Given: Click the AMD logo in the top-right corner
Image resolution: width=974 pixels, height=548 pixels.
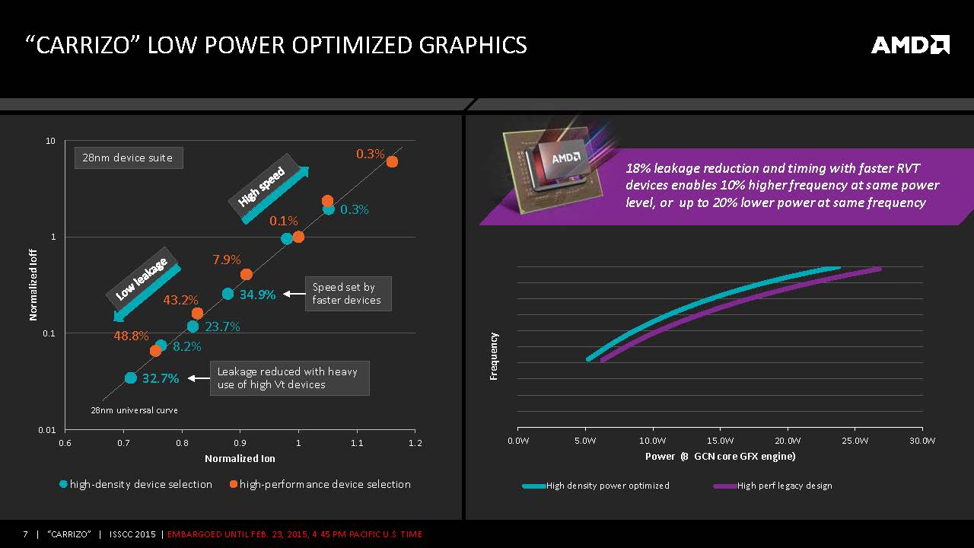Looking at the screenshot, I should (910, 45).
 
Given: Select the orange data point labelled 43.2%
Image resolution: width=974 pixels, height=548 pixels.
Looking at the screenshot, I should (197, 313).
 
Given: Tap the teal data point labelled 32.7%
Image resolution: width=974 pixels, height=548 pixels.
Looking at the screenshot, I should (130, 378).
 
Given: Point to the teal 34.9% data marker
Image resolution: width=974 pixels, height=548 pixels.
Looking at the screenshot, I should (228, 294).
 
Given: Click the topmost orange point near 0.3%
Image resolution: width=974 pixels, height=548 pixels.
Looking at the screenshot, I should (392, 161).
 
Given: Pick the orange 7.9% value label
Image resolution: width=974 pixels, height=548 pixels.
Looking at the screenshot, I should (227, 260).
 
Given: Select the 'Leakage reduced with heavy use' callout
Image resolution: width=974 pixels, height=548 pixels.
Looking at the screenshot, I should (288, 378).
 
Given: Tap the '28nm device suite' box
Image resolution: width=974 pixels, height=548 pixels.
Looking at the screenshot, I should (128, 158).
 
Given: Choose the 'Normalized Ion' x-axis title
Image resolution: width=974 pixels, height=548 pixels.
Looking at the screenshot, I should (240, 459).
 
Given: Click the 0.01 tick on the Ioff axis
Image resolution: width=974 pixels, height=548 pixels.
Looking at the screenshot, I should (48, 430).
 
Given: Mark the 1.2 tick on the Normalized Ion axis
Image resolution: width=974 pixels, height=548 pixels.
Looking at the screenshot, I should (415, 443).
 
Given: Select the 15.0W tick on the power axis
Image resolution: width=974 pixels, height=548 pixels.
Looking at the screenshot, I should (720, 441).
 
